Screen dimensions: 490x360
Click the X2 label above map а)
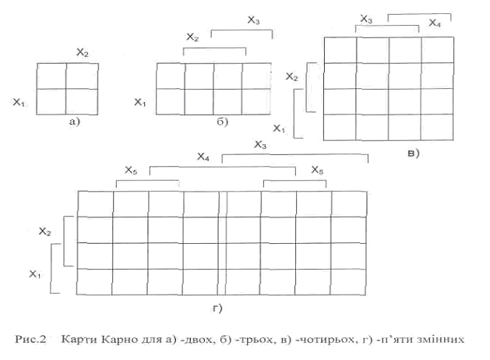coord(82,51)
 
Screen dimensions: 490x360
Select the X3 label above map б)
coord(253,21)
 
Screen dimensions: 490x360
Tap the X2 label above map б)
coord(193,37)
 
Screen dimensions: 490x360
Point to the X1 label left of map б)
coord(140,102)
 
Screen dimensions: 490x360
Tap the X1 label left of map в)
coord(277,126)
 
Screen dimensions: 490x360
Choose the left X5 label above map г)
coord(131,170)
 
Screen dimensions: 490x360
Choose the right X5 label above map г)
coord(317,170)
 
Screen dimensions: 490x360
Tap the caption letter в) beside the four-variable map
coord(413,153)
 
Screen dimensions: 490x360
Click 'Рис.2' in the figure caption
coord(32,338)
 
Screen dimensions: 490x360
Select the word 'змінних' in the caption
coord(443,338)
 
